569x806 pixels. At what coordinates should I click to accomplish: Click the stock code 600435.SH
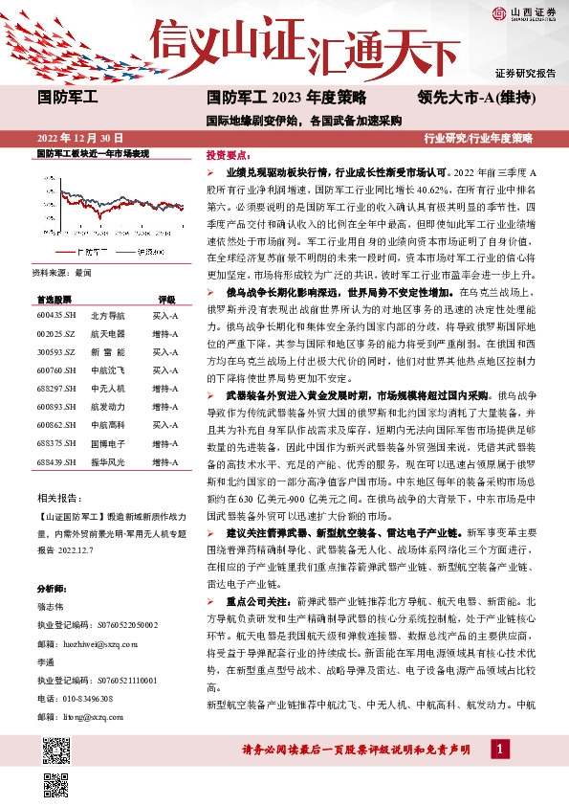(x=55, y=315)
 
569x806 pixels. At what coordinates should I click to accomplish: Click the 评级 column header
(x=166, y=299)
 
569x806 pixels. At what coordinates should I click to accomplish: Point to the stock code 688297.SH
(x=55, y=388)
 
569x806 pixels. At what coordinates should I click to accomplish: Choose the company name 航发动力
(x=106, y=406)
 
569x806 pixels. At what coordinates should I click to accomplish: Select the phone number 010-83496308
(x=87, y=698)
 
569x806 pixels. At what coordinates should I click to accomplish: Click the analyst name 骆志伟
(x=51, y=607)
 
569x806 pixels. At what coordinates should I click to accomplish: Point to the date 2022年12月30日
(x=80, y=138)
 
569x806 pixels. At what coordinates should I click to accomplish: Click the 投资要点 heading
(x=228, y=154)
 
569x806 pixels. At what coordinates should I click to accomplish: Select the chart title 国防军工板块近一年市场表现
(x=93, y=153)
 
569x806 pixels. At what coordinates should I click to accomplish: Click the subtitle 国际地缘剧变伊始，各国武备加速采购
(x=302, y=122)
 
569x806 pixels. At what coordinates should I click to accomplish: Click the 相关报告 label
(x=59, y=499)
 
